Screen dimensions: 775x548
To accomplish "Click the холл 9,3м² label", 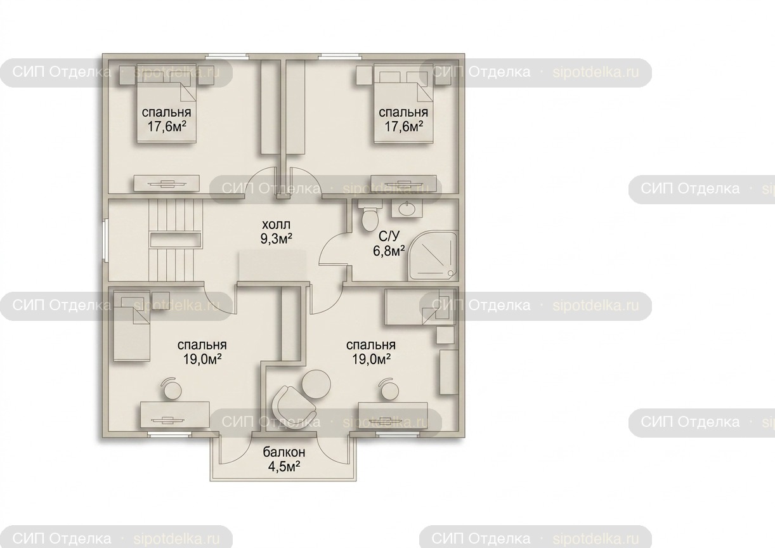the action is (276, 232).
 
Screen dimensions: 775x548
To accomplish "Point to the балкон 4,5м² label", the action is (284, 459).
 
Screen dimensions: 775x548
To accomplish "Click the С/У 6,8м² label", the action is (389, 244).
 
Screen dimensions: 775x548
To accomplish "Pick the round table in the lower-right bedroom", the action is (316, 384).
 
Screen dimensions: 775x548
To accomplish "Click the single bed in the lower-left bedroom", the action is (131, 327).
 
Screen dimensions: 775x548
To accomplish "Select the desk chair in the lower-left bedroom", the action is (173, 389).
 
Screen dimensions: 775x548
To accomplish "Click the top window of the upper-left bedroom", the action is (227, 56).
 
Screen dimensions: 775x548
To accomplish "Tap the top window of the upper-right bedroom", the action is (340, 56).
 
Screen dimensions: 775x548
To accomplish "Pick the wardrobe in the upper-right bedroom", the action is (296, 107).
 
